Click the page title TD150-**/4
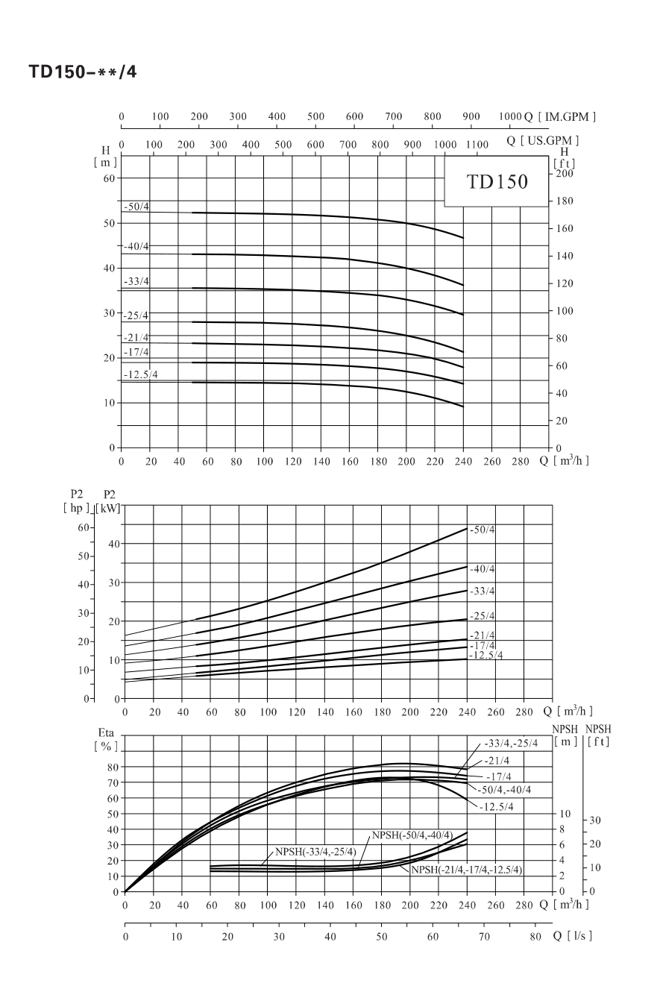[x=83, y=72]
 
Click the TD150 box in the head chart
[x=496, y=181]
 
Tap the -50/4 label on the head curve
[x=136, y=207]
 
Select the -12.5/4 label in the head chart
[x=141, y=375]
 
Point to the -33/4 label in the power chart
[x=482, y=591]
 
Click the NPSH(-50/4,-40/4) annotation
[x=412, y=835]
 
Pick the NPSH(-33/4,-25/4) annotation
[x=315, y=851]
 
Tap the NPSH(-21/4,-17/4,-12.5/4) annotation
[x=467, y=870]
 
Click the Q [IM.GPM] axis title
[x=560, y=117]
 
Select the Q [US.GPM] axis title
[x=543, y=141]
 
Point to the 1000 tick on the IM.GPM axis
[x=510, y=116]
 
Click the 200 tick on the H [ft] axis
[x=565, y=173]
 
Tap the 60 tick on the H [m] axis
[x=109, y=178]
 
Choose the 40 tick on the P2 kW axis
[x=113, y=544]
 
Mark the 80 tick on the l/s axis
[x=535, y=936]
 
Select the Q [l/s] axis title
[x=572, y=935]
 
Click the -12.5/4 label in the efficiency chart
[x=497, y=807]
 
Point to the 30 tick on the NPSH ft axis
[x=594, y=820]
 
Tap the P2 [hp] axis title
[x=76, y=501]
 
